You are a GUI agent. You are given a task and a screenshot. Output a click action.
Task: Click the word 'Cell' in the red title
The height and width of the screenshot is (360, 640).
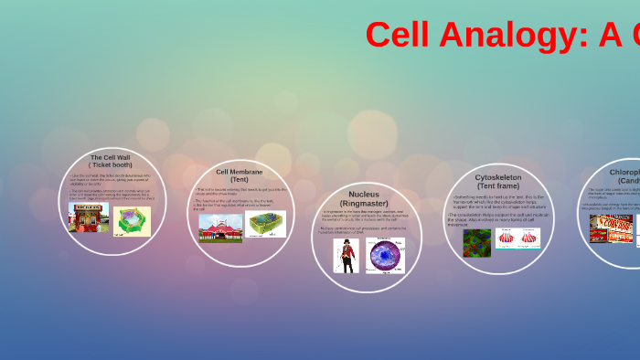coord(399,35)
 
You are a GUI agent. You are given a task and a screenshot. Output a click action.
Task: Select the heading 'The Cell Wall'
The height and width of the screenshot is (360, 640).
coord(110,157)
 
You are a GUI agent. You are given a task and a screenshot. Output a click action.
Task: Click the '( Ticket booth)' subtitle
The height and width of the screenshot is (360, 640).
coord(110,164)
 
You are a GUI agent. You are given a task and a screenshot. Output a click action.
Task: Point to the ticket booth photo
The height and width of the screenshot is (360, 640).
coord(89,217)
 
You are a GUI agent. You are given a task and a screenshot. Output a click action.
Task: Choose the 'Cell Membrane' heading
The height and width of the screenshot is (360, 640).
coord(239,172)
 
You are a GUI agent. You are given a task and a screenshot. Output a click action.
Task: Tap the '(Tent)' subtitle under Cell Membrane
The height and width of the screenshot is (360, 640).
coord(239,179)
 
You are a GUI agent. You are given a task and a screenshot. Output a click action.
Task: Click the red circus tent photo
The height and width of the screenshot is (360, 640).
coord(220,228)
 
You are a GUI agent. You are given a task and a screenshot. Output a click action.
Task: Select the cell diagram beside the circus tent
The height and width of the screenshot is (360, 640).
coord(265,224)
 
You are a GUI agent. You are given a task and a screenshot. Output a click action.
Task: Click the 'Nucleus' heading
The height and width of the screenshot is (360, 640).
coord(364,195)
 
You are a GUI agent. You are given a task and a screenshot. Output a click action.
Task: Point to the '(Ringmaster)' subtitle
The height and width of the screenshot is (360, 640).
coord(364,203)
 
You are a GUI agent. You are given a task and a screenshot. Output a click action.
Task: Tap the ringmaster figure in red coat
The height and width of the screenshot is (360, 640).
coord(346,255)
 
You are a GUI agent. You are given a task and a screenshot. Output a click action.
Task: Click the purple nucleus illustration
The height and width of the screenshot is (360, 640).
coord(385,255)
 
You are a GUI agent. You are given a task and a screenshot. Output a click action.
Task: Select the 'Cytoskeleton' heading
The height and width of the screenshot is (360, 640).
coord(498,177)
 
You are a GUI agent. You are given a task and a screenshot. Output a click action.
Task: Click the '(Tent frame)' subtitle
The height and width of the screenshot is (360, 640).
coord(498,185)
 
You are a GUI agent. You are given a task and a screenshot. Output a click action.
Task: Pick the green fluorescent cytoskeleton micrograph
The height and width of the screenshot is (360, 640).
coord(476,242)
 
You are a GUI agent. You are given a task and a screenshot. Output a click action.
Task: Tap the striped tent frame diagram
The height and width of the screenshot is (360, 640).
coord(517,238)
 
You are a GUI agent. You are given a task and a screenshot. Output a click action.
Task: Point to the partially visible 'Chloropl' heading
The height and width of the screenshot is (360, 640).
coord(624,172)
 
